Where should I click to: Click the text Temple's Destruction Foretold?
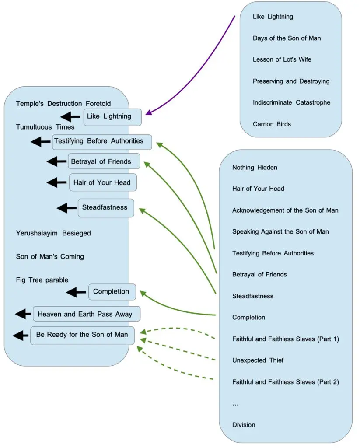tap(63, 104)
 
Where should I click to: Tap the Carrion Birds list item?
tap(272, 124)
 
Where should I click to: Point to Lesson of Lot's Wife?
tap(282, 59)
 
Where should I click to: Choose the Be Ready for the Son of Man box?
tap(82, 335)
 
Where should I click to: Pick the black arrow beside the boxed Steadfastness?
tap(67, 208)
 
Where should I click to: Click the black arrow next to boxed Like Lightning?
tap(70, 116)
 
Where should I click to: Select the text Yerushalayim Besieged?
tap(53, 233)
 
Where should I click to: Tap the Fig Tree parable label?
tap(42, 280)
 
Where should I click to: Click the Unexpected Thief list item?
tap(258, 360)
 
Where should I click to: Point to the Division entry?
tap(244, 425)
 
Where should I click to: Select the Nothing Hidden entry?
tap(255, 167)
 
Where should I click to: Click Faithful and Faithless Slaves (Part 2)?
tap(286, 382)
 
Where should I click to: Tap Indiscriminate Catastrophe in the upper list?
tap(291, 102)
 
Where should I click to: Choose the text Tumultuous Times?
tap(45, 127)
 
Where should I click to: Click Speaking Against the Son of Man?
tap(280, 231)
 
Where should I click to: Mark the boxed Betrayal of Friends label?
tap(104, 161)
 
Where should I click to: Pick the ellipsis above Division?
tap(235, 404)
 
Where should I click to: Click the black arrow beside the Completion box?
tap(76, 292)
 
